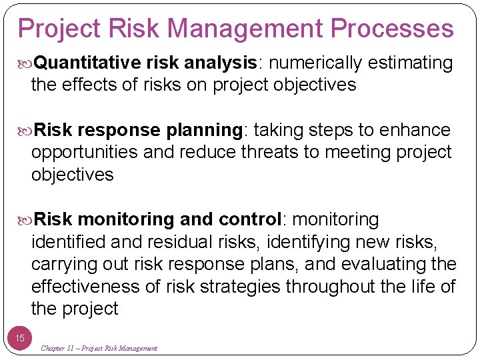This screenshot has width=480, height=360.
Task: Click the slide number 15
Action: coord(20,338)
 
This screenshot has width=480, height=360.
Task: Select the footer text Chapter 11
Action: coord(61,348)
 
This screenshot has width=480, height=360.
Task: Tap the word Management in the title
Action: coord(245,29)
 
